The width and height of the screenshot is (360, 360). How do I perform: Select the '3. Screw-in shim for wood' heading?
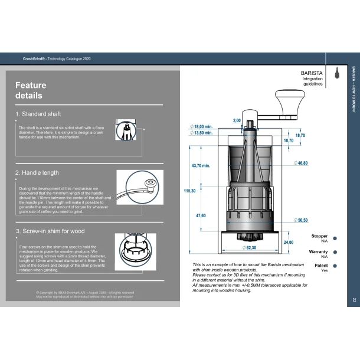click(x=52, y=231)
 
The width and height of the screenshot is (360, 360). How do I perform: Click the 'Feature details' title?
click(x=31, y=90)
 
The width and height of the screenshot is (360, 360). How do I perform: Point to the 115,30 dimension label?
click(x=189, y=191)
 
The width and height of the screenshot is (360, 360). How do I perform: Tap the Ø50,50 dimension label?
click(x=300, y=220)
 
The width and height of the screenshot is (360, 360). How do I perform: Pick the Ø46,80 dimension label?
click(x=300, y=163)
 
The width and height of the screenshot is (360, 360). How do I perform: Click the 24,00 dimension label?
click(x=289, y=243)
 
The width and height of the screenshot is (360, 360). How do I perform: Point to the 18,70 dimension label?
click(x=300, y=136)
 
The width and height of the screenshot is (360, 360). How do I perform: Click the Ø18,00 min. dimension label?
click(x=200, y=127)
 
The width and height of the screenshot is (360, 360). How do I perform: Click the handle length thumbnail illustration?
click(x=140, y=187)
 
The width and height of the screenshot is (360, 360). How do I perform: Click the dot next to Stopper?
click(x=335, y=238)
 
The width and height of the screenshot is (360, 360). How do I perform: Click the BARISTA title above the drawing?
click(x=312, y=73)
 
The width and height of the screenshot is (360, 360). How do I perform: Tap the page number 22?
click(x=354, y=300)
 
